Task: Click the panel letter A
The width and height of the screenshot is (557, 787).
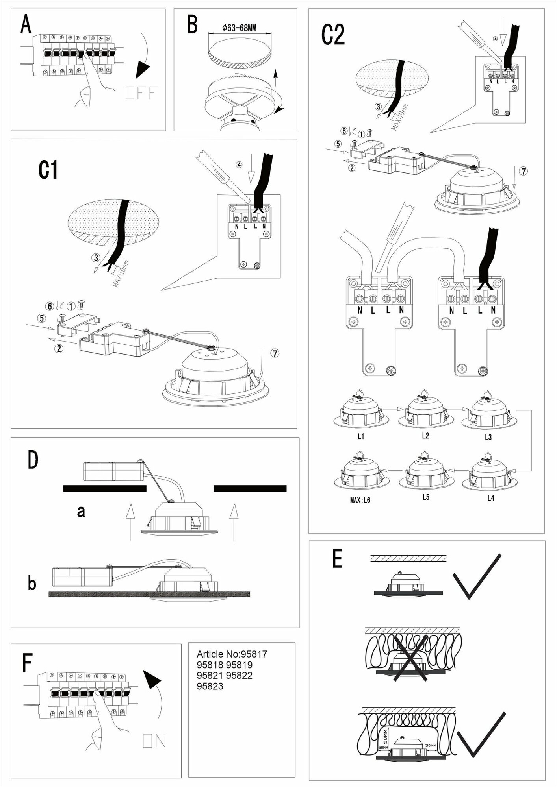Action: click(x=26, y=24)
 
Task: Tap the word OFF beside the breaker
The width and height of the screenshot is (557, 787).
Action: click(x=141, y=93)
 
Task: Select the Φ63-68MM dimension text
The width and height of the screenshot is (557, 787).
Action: click(x=239, y=28)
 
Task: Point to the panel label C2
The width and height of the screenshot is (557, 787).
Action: click(x=333, y=35)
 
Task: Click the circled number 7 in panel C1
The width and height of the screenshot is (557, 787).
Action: click(x=275, y=353)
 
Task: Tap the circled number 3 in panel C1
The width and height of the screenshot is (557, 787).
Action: click(x=95, y=258)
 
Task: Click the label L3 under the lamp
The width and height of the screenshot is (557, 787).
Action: click(x=488, y=437)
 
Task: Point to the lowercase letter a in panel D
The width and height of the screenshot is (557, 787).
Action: click(x=81, y=512)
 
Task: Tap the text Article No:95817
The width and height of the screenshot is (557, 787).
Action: click(x=232, y=654)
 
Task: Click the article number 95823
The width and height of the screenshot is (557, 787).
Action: click(x=210, y=686)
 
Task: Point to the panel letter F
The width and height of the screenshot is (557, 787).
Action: click(x=27, y=662)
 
